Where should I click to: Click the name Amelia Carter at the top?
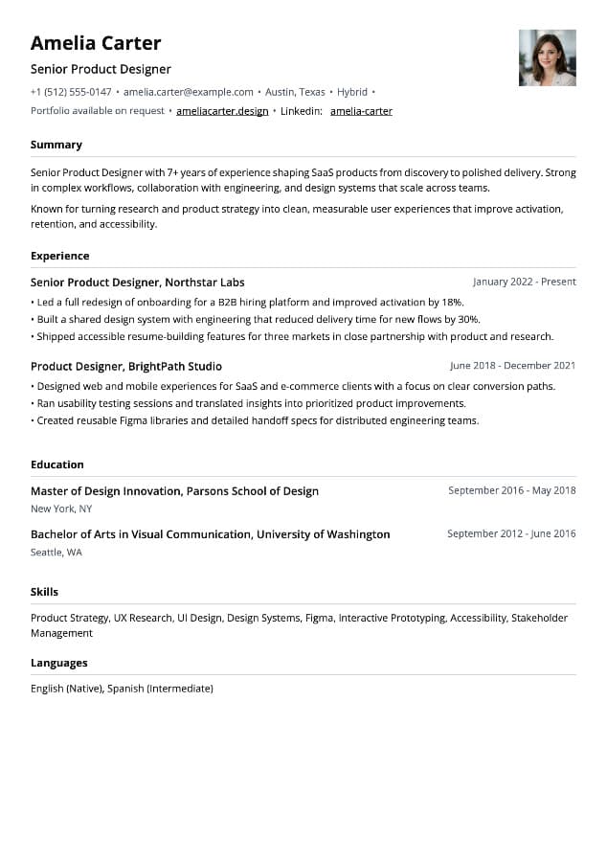tap(96, 43)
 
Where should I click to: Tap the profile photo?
tap(547, 58)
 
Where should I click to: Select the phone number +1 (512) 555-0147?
tap(71, 92)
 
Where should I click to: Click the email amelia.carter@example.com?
tap(189, 92)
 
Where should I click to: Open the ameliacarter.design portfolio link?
tap(222, 111)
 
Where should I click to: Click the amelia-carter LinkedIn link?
tap(361, 111)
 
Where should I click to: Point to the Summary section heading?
tap(56, 145)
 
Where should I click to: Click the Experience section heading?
tap(59, 256)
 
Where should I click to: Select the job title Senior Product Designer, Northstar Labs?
tap(137, 283)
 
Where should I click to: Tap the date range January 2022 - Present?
tap(524, 283)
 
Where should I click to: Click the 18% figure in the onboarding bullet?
tap(452, 302)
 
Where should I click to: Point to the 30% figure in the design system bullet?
tap(468, 319)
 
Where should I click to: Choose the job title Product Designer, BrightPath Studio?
tap(125, 366)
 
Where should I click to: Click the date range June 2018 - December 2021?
tap(512, 366)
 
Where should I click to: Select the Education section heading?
tap(57, 464)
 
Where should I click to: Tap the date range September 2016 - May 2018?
tap(511, 490)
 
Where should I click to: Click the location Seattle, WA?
tap(56, 553)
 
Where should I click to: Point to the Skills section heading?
tap(44, 592)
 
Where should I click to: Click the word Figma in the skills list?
tap(319, 619)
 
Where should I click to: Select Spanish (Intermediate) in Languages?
tap(160, 689)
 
